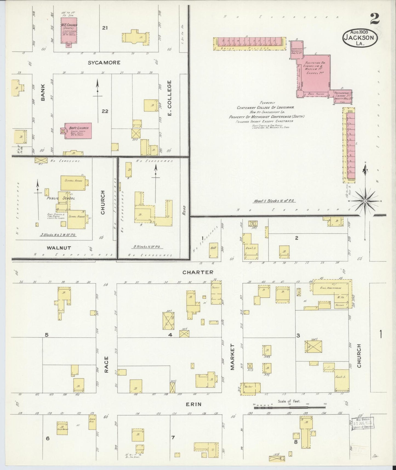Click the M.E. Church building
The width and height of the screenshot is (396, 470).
pyautogui.click(x=69, y=30)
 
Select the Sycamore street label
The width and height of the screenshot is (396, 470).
pyautogui.click(x=104, y=63)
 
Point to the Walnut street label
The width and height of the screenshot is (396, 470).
pyautogui.click(x=59, y=248)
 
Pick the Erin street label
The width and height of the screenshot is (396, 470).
pyautogui.click(x=194, y=404)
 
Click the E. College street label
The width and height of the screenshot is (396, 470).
pyautogui.click(x=169, y=98)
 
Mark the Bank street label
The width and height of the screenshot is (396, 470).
pyautogui.click(x=43, y=96)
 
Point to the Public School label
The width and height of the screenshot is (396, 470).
pyautogui.click(x=61, y=198)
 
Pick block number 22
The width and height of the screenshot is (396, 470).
pyautogui.click(x=105, y=111)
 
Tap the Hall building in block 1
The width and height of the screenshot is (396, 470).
pyautogui.click(x=213, y=250)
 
